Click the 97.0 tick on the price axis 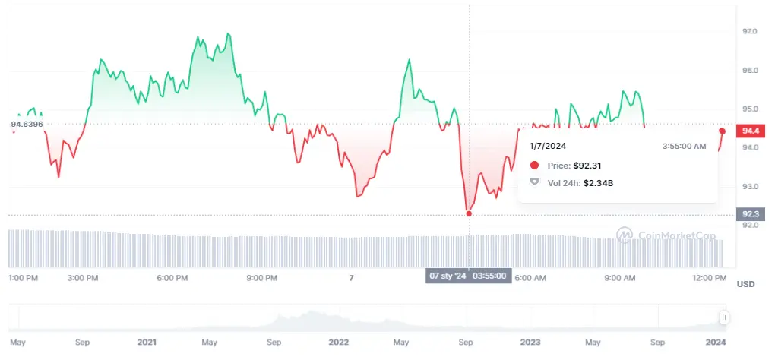click(750, 31)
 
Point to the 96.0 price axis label click(750, 71)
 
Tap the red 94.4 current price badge click(750, 131)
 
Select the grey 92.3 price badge click(750, 214)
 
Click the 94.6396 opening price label click(27, 124)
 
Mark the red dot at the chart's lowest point click(469, 213)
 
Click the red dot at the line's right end click(722, 131)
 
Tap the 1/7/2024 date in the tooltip click(548, 146)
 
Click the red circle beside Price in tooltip click(534, 165)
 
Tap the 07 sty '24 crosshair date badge click(448, 276)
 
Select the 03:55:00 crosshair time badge click(490, 276)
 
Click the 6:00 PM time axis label click(172, 278)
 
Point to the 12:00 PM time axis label click(710, 278)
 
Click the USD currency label click(745, 284)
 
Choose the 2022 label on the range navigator click(339, 342)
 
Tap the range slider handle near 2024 click(724, 317)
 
